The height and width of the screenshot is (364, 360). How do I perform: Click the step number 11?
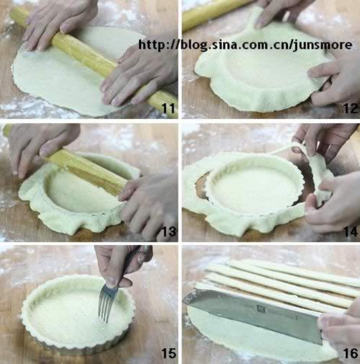pyautogui.click(x=168, y=108)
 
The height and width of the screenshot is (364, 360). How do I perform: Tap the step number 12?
pyautogui.click(x=351, y=108)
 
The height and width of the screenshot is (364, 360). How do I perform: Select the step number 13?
pyautogui.click(x=169, y=231)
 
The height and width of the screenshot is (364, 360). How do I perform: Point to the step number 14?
pyautogui.click(x=351, y=231)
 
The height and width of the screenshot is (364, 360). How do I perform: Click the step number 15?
pyautogui.click(x=169, y=353)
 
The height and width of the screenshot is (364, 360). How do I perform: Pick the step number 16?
pyautogui.click(x=351, y=353)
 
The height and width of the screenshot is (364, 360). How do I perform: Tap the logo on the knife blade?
pyautogui.click(x=261, y=308)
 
